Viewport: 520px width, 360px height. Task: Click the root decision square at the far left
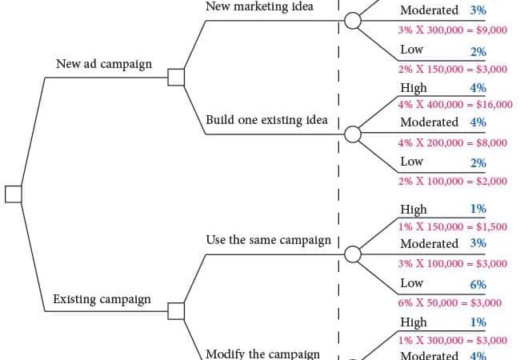click(14, 194)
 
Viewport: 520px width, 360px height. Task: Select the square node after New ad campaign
click(176, 78)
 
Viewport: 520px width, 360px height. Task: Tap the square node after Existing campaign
click(176, 311)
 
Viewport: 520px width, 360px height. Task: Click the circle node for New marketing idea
click(353, 21)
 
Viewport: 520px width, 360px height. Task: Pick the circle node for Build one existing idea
click(353, 134)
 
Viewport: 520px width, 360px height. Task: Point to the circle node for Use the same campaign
click(353, 254)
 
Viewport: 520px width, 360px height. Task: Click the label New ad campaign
click(104, 64)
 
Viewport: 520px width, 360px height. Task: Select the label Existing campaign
click(102, 299)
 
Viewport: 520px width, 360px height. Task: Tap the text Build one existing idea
click(266, 120)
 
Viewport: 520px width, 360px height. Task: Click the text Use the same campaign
click(268, 240)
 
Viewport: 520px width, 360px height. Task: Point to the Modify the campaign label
click(263, 354)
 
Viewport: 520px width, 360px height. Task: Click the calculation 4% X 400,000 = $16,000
click(455, 105)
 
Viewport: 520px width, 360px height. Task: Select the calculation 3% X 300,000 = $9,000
click(453, 30)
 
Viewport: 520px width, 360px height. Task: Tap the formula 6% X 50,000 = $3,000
click(450, 302)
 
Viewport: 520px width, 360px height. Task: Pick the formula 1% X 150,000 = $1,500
click(453, 226)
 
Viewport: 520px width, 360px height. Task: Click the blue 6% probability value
click(478, 285)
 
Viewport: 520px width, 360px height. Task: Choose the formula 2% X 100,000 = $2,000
click(453, 181)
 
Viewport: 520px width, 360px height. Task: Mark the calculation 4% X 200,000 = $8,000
click(453, 142)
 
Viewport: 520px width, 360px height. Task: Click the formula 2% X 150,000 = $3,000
click(453, 69)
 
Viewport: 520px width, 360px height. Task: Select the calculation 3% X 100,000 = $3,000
click(453, 263)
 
